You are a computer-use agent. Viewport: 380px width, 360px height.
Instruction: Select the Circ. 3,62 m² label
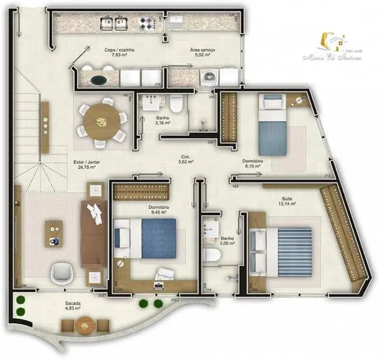(x=185, y=160)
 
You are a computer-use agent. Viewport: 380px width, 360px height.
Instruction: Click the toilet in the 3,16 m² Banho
(x=176, y=103)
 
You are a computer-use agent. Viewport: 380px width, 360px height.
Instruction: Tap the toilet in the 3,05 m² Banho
(x=212, y=254)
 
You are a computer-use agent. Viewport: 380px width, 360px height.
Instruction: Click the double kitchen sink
(x=114, y=23)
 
